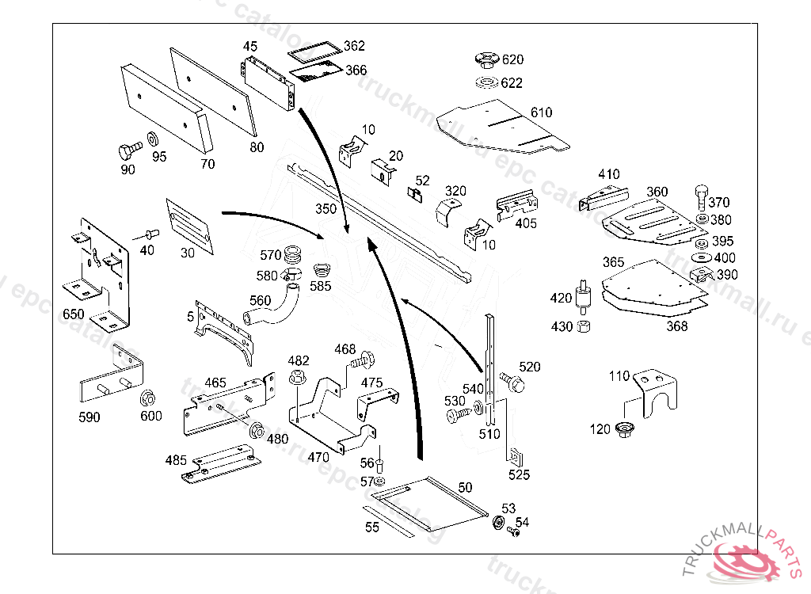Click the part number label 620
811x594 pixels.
click(x=512, y=59)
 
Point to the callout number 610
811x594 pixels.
click(x=541, y=112)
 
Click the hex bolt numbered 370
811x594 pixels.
click(x=701, y=196)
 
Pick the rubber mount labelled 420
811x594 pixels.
click(x=584, y=297)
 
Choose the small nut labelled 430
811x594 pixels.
click(x=584, y=326)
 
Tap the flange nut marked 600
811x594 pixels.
click(x=147, y=396)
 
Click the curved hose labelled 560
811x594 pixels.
click(x=273, y=309)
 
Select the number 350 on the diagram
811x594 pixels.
click(x=326, y=210)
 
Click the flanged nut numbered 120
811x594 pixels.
click(x=623, y=430)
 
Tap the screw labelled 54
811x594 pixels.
click(x=512, y=533)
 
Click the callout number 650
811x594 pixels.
click(x=73, y=314)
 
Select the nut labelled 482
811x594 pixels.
click(x=299, y=379)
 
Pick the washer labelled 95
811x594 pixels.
click(x=151, y=141)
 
